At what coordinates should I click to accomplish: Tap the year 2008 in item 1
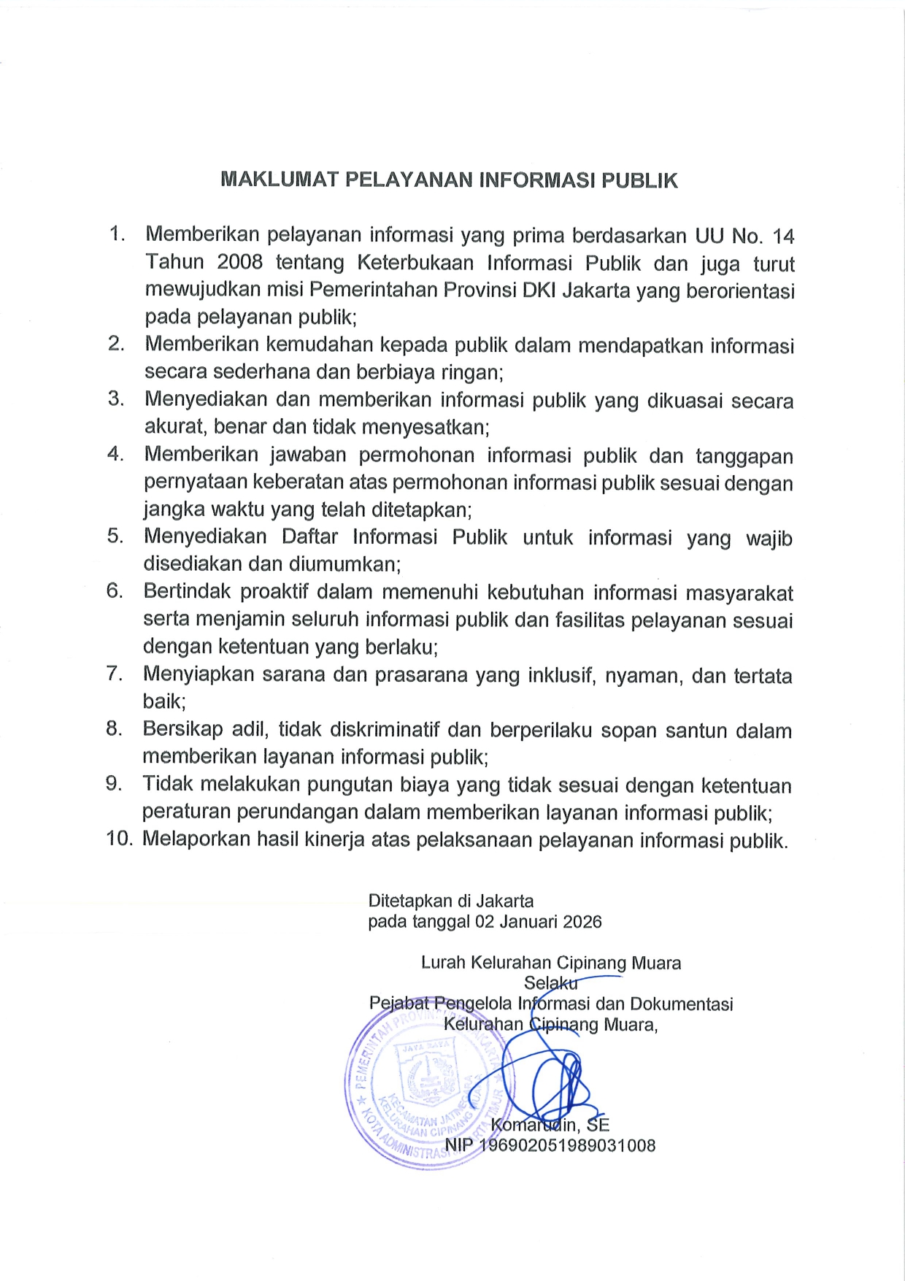(239, 262)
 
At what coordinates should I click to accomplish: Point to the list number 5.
(115, 536)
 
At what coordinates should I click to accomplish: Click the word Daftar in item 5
(310, 536)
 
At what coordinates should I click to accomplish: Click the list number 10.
(119, 839)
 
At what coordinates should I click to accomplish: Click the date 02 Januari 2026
(539, 922)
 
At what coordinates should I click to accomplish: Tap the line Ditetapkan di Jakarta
(450, 901)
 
